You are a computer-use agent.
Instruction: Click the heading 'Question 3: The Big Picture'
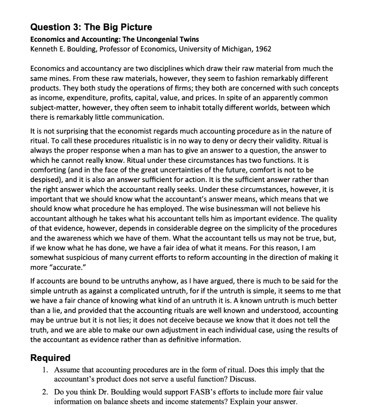91,27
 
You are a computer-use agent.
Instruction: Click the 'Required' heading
51,358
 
